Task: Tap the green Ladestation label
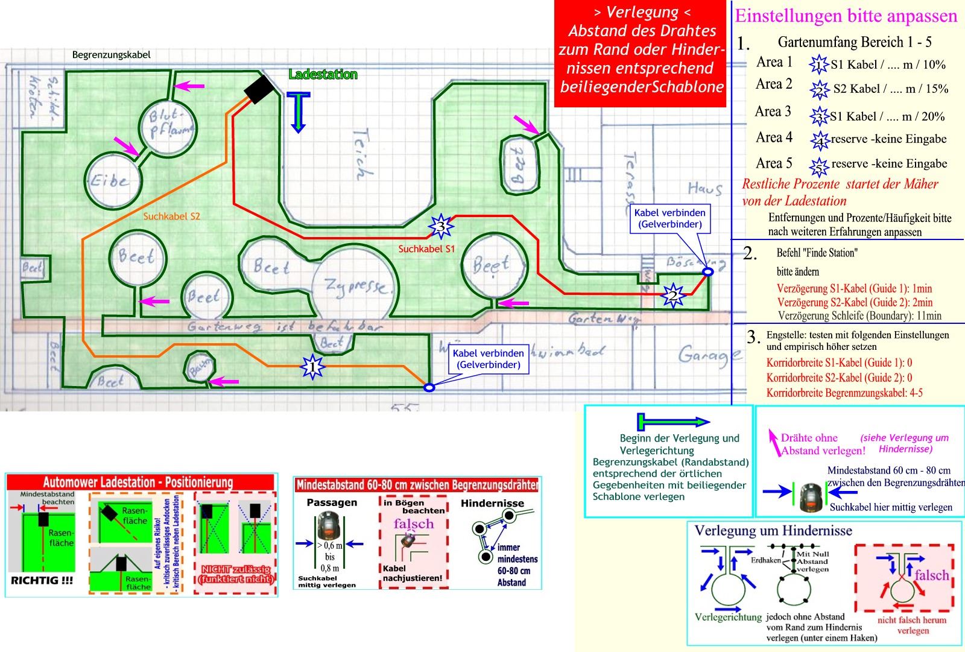[x=323, y=75]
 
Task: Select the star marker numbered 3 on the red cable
[x=441, y=227]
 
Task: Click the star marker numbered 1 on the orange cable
[x=312, y=366]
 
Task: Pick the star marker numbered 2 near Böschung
[x=671, y=296]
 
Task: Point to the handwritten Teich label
[x=361, y=154]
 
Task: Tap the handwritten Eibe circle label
[x=110, y=180]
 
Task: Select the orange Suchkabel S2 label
[x=171, y=216]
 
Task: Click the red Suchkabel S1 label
[x=426, y=248]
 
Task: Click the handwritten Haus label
[x=704, y=189]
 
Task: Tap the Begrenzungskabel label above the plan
[x=111, y=55]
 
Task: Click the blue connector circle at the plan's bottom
[x=429, y=388]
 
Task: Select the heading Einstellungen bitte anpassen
[x=846, y=16]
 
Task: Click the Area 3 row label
[x=773, y=112]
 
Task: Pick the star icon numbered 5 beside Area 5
[x=819, y=165]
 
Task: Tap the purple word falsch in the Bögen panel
[x=414, y=524]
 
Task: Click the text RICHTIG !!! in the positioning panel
[x=42, y=580]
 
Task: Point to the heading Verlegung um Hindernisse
[x=773, y=531]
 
